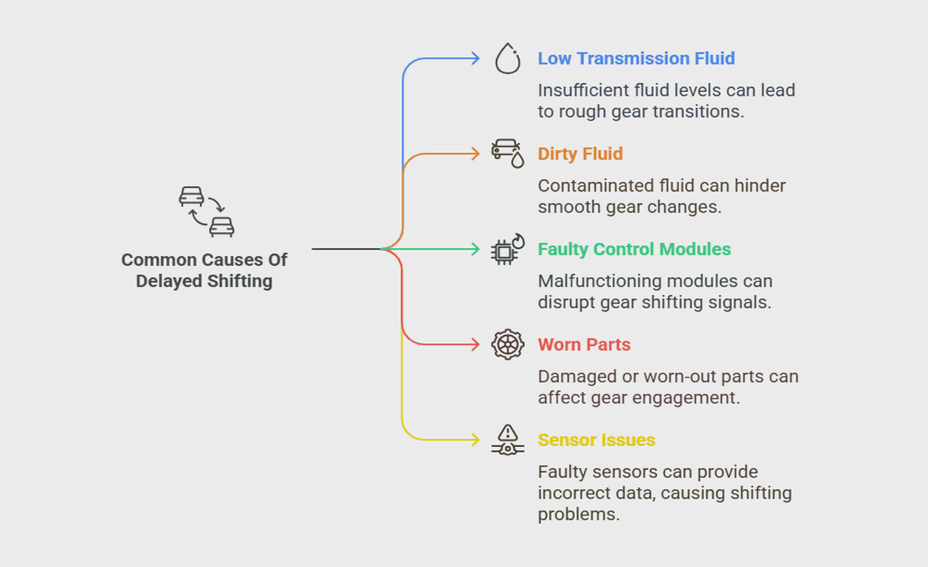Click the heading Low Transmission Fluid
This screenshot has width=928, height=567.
636,59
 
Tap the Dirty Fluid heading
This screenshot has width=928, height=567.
580,154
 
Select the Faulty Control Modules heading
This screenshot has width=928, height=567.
634,250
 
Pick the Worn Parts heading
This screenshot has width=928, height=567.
584,345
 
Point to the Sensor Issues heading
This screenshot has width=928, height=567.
596,440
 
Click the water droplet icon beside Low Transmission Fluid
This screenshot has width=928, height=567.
507,59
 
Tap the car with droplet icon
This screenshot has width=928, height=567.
507,153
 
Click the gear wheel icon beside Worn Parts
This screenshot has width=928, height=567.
507,345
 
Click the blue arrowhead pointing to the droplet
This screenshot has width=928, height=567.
475,59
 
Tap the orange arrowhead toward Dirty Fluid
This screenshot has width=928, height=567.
475,154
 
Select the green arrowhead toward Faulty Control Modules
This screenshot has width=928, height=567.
475,250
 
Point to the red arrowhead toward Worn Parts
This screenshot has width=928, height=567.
475,345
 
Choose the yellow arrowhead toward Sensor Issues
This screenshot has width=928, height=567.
475,440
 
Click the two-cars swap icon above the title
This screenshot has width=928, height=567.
206,211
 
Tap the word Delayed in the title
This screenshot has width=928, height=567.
168,282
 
